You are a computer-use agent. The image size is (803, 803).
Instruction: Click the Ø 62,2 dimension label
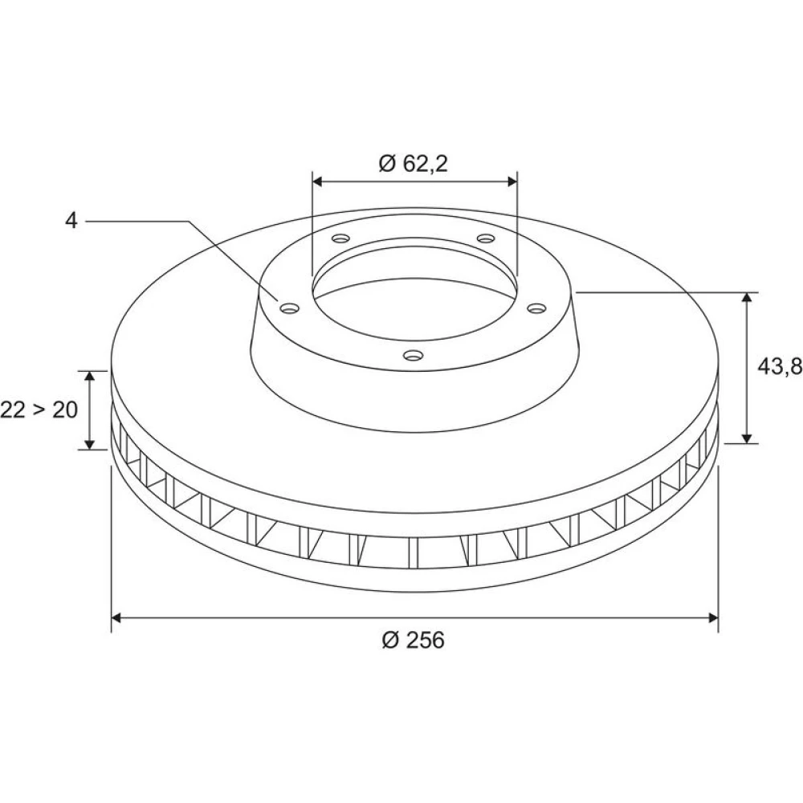[x=414, y=163]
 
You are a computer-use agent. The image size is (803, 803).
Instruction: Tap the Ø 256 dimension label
[x=414, y=640]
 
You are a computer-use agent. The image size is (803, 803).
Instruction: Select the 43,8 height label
[x=780, y=366]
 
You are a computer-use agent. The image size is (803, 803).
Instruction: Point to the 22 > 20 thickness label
[x=39, y=410]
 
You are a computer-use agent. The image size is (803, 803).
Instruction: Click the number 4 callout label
[x=71, y=221]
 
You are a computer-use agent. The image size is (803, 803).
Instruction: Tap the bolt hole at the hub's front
[x=414, y=355]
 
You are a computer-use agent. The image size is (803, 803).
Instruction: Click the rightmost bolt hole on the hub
[x=537, y=308]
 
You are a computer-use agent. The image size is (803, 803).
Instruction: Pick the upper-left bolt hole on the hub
[x=340, y=238]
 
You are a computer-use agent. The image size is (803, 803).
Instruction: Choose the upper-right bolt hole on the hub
[x=486, y=238]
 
